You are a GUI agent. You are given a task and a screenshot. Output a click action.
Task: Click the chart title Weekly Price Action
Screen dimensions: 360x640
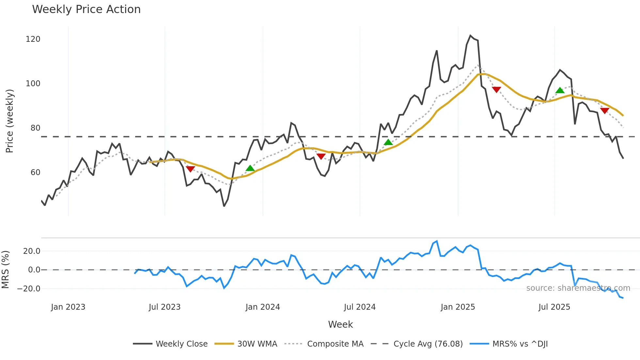point(86,9)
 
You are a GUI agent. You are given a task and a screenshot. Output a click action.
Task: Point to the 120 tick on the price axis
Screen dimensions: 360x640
point(33,39)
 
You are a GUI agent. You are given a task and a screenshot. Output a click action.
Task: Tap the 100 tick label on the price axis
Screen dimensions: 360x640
point(33,84)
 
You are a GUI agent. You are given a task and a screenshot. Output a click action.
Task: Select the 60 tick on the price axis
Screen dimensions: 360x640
point(35,172)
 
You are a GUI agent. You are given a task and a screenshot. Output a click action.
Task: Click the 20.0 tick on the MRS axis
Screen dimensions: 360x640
point(32,251)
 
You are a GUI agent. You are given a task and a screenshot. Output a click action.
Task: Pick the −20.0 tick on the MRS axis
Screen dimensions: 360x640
point(29,289)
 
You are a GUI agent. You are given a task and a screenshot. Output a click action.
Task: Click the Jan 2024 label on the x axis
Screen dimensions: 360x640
point(263,307)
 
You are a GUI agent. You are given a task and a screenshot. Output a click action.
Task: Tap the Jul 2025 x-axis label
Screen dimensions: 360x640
point(554,307)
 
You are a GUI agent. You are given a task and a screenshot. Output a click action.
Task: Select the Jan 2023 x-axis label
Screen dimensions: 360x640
point(68,307)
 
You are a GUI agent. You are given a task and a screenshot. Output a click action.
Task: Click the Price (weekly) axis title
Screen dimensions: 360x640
point(10,121)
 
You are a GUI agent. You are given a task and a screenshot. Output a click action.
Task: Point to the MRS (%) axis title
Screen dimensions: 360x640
point(6,270)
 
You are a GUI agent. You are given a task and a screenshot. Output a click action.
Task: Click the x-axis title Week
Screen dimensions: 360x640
point(340,324)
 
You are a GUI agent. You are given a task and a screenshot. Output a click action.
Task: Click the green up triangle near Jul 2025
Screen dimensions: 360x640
point(560,90)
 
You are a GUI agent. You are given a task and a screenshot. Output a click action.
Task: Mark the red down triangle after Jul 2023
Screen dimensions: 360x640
point(190,169)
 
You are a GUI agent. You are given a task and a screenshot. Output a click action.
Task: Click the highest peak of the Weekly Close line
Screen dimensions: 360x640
point(471,35)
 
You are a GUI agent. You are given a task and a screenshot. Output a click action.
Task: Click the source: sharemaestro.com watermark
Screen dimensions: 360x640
point(578,288)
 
